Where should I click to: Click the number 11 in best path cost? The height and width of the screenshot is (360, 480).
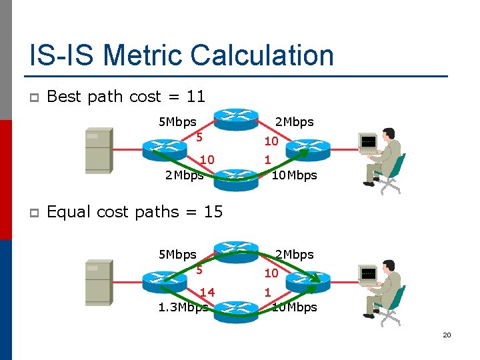tap(196, 97)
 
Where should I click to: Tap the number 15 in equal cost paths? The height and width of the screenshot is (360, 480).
tap(213, 212)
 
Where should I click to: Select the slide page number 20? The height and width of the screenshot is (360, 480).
tap(447, 335)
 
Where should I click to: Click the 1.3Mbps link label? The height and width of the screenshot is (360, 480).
tap(183, 307)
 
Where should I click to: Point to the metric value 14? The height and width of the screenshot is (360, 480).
tap(207, 292)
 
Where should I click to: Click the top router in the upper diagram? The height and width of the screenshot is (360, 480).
tap(235, 119)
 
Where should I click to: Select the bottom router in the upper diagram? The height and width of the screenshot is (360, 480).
tap(235, 179)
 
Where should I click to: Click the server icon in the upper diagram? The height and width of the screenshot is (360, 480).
tap(98, 150)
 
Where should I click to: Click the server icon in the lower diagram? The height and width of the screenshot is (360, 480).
tap(98, 283)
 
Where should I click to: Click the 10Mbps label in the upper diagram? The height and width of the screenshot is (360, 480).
tap(294, 175)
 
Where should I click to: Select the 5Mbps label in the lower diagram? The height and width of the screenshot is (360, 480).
tap(177, 254)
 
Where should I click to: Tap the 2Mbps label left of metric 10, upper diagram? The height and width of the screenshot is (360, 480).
tap(184, 175)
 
